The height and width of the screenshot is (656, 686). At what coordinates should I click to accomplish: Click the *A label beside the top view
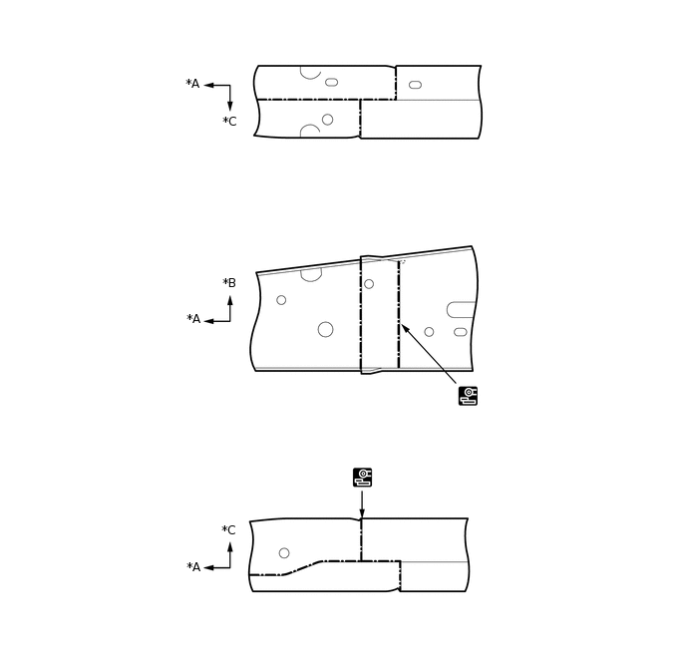192,83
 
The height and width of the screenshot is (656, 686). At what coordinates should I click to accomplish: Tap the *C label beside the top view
229,122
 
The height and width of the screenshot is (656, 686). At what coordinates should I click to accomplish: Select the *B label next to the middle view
229,283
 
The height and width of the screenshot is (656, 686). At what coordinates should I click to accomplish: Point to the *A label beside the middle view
193,319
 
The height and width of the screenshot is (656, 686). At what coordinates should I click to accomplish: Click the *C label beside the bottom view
228,530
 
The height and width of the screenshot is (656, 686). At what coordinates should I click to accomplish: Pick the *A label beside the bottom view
193,567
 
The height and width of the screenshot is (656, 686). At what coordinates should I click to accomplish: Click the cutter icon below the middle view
468,396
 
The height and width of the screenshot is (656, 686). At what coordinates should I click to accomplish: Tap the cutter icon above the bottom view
362,478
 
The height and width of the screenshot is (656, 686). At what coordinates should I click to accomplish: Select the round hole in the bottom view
284,553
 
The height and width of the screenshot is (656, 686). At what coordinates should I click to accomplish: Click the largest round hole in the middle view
325,329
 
